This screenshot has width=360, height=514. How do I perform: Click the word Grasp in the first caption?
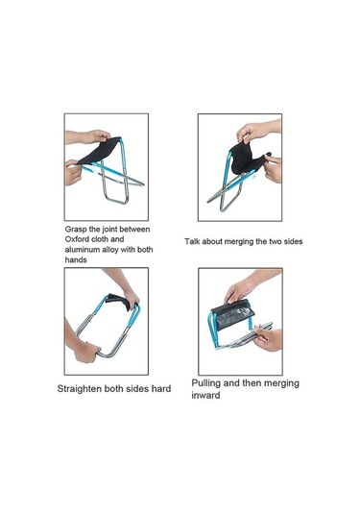pyautogui.click(x=76, y=230)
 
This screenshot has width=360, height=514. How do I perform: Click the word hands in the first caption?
pyautogui.click(x=76, y=260)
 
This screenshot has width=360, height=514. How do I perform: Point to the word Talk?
pyautogui.click(x=192, y=241)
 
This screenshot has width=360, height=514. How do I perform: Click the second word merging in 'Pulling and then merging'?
pyautogui.click(x=281, y=383)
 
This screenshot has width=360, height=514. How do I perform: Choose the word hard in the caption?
pyautogui.click(x=161, y=389)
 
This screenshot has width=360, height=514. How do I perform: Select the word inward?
pyautogui.click(x=205, y=395)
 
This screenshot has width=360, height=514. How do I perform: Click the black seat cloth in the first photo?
pyautogui.click(x=99, y=152)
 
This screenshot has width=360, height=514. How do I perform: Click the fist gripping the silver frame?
pyautogui.click(x=86, y=352)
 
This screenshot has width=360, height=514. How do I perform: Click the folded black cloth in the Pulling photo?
pyautogui.click(x=232, y=314)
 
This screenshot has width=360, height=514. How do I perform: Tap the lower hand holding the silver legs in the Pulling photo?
pyautogui.click(x=268, y=337)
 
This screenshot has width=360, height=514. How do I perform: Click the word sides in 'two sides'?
pyautogui.click(x=293, y=241)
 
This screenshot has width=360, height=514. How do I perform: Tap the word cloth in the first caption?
pyautogui.click(x=101, y=239)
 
